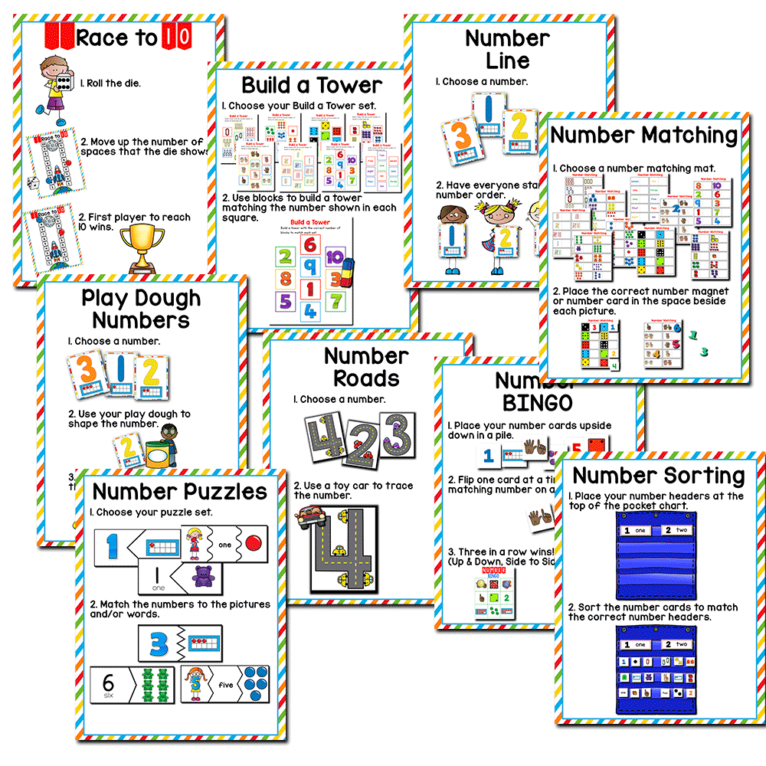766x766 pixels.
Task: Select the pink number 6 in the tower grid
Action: (309, 244)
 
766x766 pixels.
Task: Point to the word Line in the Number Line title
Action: (508, 61)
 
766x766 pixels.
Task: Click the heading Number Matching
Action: (643, 136)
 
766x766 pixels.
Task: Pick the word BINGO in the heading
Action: (538, 402)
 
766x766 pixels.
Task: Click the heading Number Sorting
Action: (659, 475)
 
